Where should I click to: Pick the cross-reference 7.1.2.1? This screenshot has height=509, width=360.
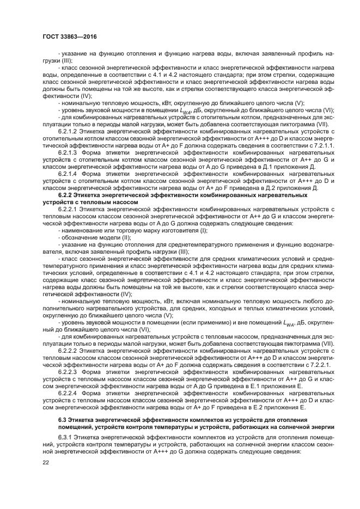322,146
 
